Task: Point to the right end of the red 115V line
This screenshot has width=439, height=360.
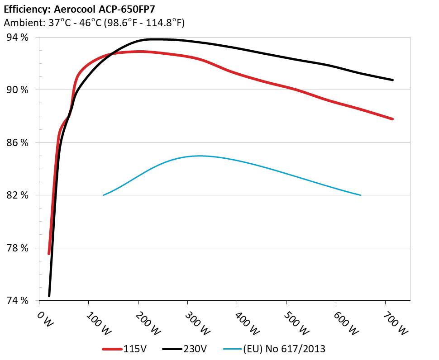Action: pyautogui.click(x=392, y=119)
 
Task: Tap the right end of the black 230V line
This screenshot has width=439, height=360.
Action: pyautogui.click(x=392, y=80)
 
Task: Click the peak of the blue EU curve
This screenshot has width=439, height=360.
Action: pyautogui.click(x=199, y=156)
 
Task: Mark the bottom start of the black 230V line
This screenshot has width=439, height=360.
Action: pyautogui.click(x=49, y=296)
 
